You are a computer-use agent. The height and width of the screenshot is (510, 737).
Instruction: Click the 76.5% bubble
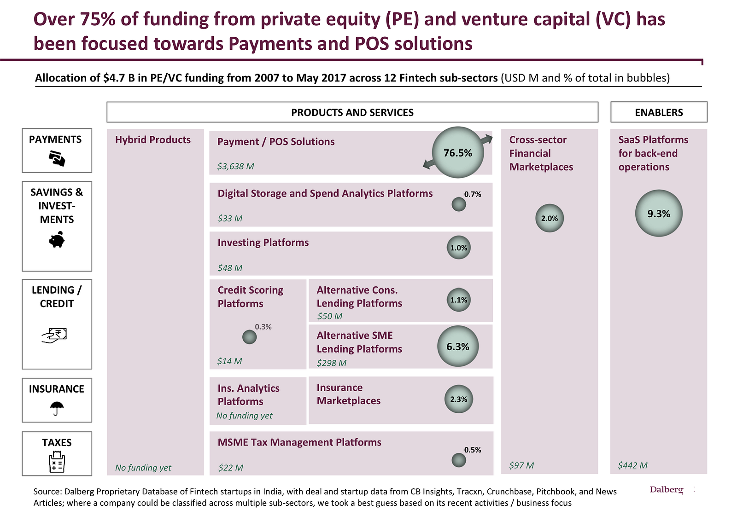pyautogui.click(x=458, y=152)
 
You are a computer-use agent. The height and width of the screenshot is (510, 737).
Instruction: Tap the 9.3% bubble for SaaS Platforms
pyautogui.click(x=659, y=213)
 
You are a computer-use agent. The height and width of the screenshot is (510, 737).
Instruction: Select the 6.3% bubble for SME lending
pyautogui.click(x=458, y=346)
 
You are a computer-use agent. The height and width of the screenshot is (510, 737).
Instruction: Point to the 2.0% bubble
pyautogui.click(x=550, y=218)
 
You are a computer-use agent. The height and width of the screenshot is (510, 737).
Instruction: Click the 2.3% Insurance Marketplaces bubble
pyautogui.click(x=459, y=399)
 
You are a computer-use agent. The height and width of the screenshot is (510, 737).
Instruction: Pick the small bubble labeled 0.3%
pyautogui.click(x=249, y=337)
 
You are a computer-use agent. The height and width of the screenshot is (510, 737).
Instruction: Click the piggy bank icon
pyautogui.click(x=57, y=240)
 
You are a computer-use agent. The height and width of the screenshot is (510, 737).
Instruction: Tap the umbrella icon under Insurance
pyautogui.click(x=57, y=408)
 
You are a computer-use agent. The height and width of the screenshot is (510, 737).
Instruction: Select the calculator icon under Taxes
pyautogui.click(x=57, y=462)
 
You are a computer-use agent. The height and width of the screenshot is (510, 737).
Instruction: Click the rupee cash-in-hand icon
pyautogui.click(x=54, y=336)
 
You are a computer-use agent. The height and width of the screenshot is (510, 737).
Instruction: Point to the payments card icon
pyautogui.click(x=57, y=159)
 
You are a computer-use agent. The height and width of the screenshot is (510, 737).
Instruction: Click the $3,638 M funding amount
pyautogui.click(x=235, y=166)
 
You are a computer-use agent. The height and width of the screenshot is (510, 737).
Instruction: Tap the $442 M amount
pyautogui.click(x=632, y=465)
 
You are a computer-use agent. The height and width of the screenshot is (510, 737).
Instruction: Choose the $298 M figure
pyautogui.click(x=331, y=363)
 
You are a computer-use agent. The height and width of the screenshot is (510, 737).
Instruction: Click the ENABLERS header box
pyautogui.click(x=659, y=112)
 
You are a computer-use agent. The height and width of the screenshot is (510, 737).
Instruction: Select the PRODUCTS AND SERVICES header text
pyautogui.click(x=352, y=112)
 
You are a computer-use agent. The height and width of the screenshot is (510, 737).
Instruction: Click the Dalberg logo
pyautogui.click(x=666, y=489)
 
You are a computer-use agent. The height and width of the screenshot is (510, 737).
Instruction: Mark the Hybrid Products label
pyautogui.click(x=153, y=140)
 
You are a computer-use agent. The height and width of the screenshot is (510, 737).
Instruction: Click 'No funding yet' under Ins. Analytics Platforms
pyautogui.click(x=244, y=416)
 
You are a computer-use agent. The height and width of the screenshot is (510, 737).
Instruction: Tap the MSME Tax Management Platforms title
pyautogui.click(x=299, y=442)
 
